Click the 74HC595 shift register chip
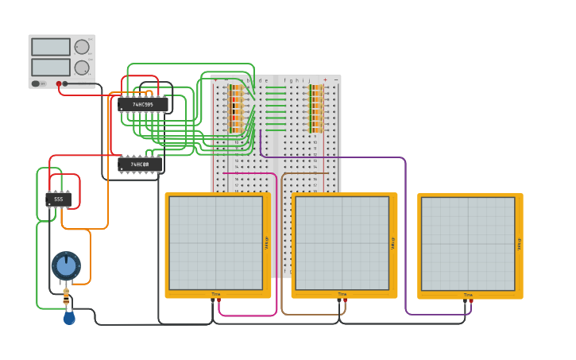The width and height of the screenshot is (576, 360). coord(143,104)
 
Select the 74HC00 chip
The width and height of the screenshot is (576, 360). coord(140,165)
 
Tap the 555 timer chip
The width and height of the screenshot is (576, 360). coord(58,199)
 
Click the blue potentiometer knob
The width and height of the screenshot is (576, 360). coord(66,265)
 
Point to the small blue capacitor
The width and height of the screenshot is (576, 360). coord(69,318)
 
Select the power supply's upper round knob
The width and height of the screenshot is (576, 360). coord(81,47)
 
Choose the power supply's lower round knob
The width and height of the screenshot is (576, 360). coord(81,68)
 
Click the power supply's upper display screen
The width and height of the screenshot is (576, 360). coord(51,47)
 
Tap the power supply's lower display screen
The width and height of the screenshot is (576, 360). coord(51,67)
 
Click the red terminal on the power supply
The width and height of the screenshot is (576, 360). coord(59,83)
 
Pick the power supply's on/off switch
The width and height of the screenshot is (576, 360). coord(36,83)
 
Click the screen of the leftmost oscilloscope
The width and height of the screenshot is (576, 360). coord(215,242)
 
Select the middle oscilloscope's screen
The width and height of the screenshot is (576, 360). coord(342,242)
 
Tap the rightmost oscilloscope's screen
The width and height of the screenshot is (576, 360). coord(468,242)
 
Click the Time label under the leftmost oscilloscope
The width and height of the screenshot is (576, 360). coord(215,294)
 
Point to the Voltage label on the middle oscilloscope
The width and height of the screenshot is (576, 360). coord(392,242)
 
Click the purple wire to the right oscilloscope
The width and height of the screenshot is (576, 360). coord(406,238)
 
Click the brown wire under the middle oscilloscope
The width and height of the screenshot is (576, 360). coord(310,314)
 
